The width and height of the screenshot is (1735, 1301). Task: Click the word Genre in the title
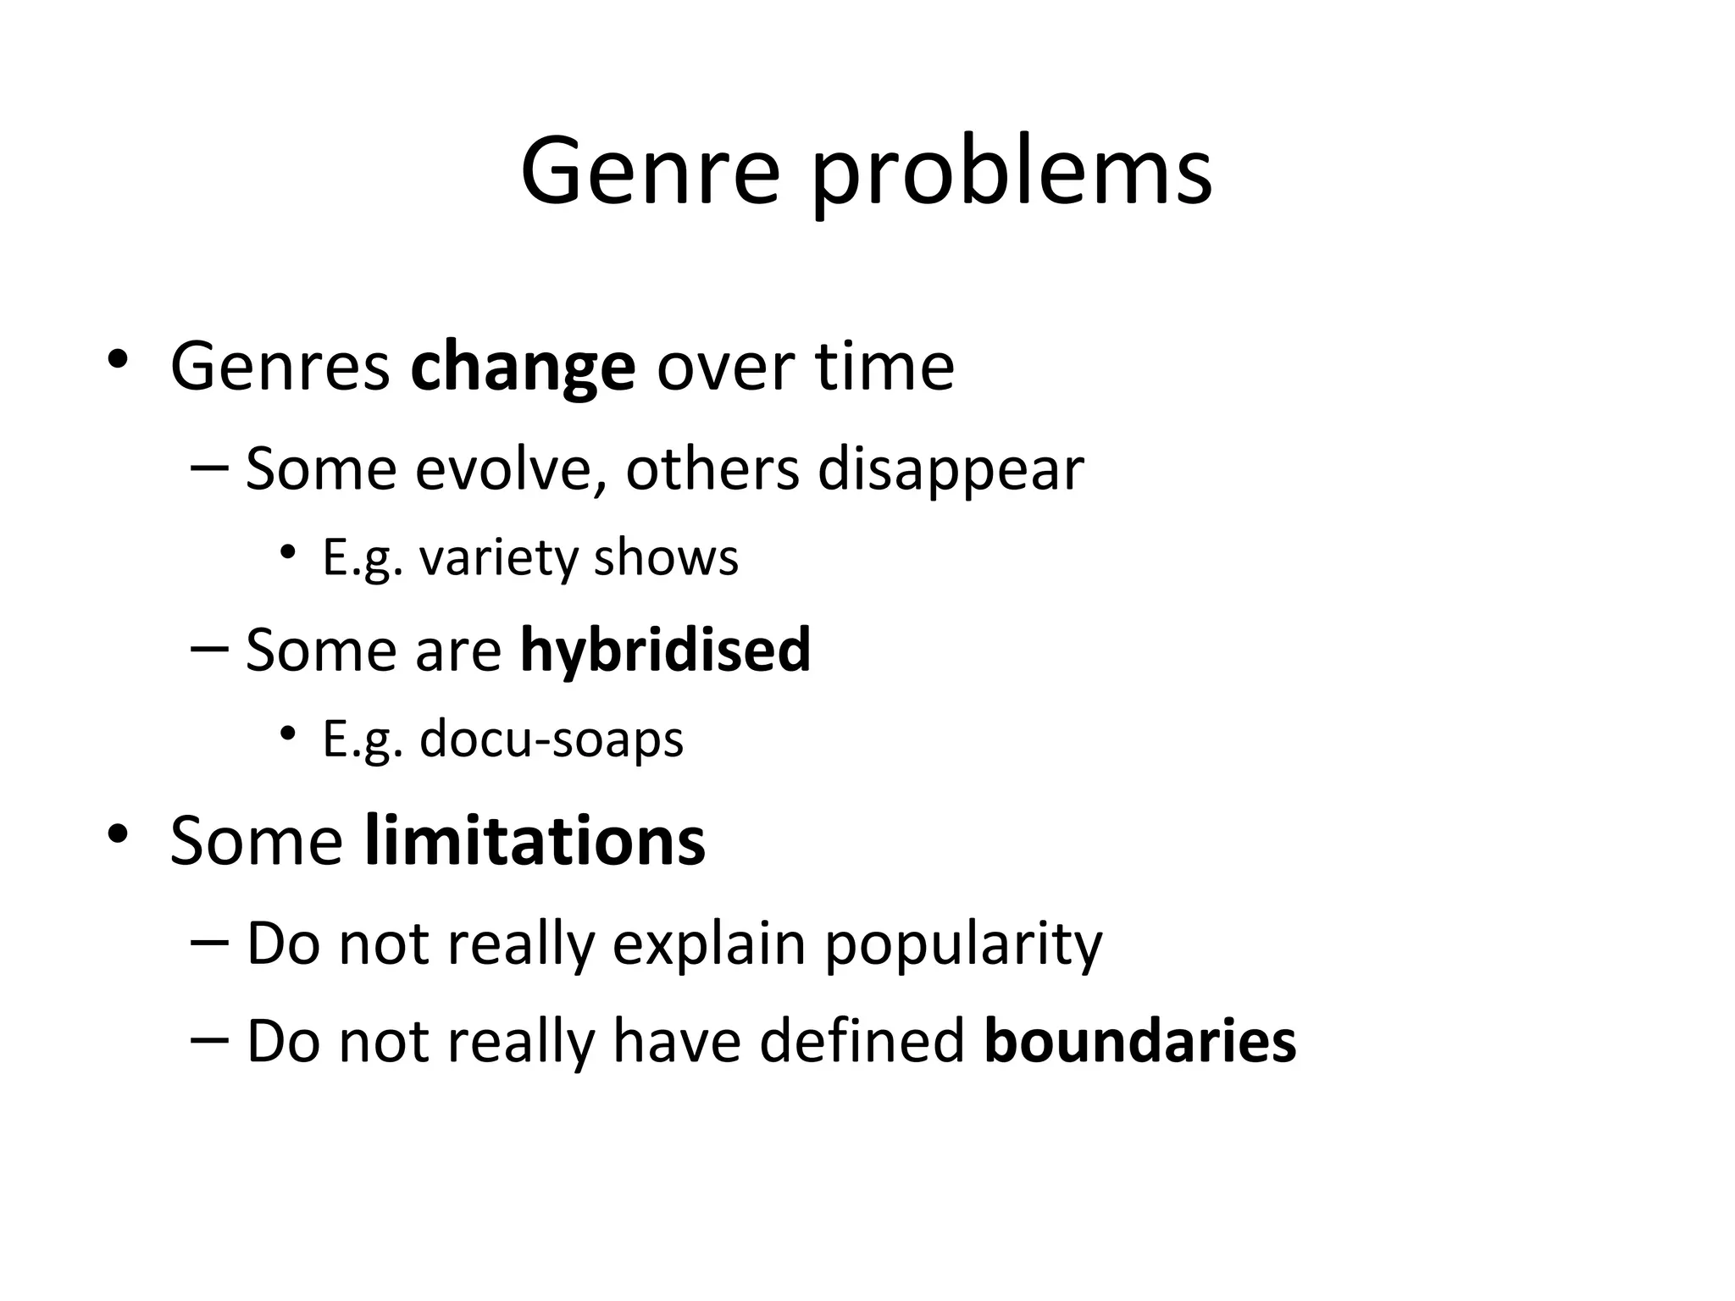[649, 172]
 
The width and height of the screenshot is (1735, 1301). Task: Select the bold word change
[523, 367]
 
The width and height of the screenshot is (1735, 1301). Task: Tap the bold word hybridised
[665, 650]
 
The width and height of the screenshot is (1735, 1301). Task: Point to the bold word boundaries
[1139, 1041]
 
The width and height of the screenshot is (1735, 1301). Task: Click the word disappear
[951, 470]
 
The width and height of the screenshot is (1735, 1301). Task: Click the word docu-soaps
[551, 739]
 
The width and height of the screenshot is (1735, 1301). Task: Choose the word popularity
[963, 944]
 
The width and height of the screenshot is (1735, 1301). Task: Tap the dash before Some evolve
[210, 468]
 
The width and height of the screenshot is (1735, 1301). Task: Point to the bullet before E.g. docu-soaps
[288, 733]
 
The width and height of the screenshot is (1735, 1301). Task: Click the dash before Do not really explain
[210, 942]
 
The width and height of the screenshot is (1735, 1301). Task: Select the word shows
[666, 558]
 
